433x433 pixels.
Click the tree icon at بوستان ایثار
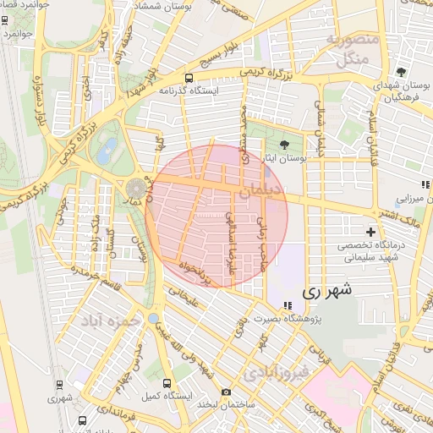coord(284,145)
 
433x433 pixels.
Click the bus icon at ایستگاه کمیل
coord(166,382)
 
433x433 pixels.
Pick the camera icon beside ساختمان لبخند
coord(226,392)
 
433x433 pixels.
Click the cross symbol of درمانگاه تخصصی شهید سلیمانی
coord(370,232)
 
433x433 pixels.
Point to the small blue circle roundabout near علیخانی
coord(152,318)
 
